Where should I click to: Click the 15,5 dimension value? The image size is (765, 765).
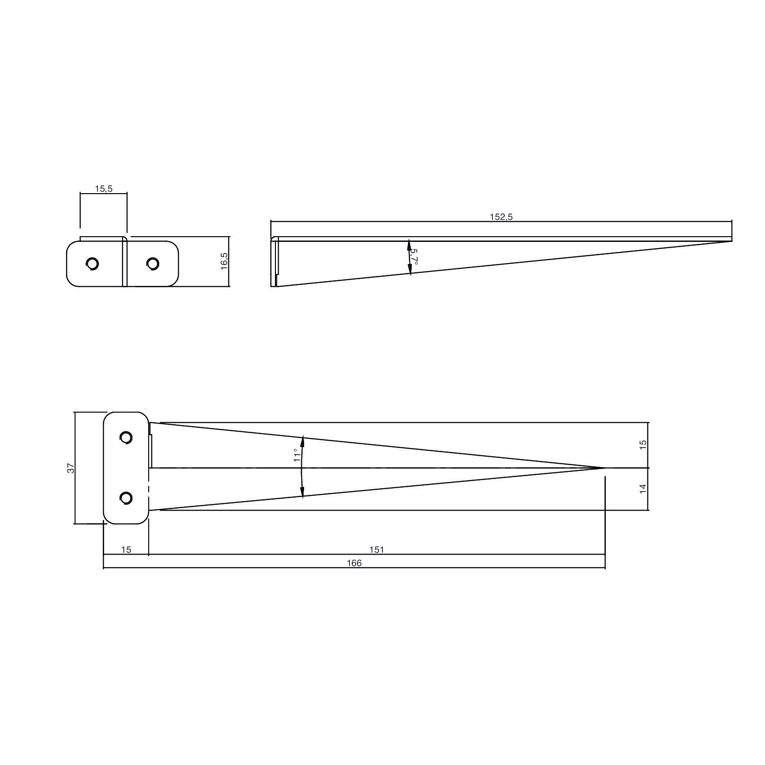(103, 189)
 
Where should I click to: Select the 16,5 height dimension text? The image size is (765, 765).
(225, 262)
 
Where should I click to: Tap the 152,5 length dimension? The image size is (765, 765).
(501, 217)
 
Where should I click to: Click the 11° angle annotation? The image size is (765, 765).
(297, 455)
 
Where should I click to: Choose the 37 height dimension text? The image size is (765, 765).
(71, 468)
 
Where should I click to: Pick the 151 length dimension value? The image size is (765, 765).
(377, 550)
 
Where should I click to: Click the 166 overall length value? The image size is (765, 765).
(354, 563)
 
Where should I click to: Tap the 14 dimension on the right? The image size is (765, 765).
(643, 489)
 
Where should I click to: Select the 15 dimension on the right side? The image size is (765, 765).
(643, 443)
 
